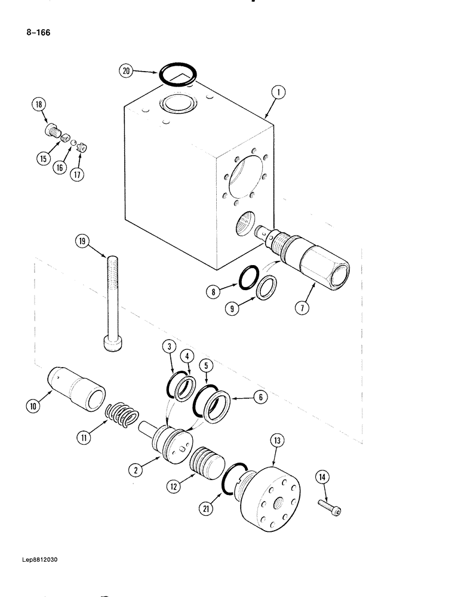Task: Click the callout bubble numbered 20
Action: pyautogui.click(x=126, y=72)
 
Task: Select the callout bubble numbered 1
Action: pyautogui.click(x=278, y=93)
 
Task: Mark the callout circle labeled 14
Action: pyautogui.click(x=322, y=477)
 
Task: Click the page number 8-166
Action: pyautogui.click(x=37, y=32)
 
